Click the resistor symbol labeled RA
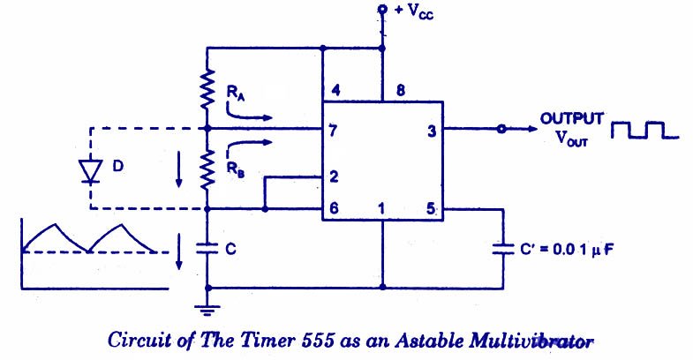pos(207,88)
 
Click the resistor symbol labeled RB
pos(207,169)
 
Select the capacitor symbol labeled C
pos(207,249)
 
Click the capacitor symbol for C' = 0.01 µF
pos(503,249)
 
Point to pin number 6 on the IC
pos(333,210)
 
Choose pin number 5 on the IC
pos(432,210)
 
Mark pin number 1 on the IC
pos(383,210)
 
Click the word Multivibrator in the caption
pos(532,338)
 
